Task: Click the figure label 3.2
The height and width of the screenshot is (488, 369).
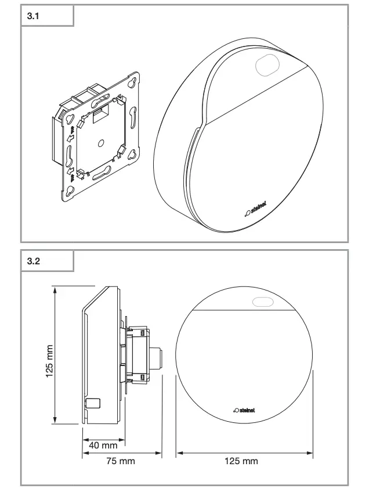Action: [34, 261]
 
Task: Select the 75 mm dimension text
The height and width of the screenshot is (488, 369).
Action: [120, 461]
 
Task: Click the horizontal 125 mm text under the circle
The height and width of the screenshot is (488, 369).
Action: [242, 461]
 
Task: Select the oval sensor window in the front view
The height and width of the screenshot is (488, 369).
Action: [262, 302]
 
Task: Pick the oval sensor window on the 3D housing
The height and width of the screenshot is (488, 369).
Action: [266, 64]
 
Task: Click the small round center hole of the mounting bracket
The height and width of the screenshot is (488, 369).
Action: [100, 141]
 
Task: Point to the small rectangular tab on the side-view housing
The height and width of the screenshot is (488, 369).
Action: [93, 402]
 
